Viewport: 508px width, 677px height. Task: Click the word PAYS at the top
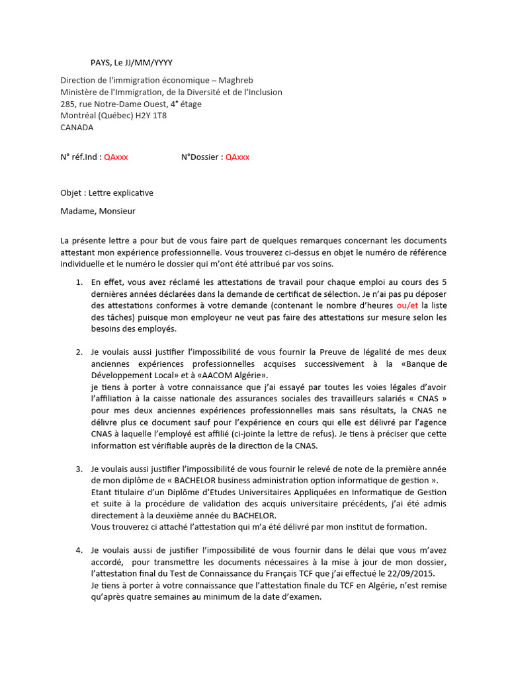coord(100,63)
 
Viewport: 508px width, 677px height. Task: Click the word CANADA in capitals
coord(77,128)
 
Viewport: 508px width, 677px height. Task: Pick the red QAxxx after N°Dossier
coord(237,157)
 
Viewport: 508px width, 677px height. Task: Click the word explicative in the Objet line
coord(131,193)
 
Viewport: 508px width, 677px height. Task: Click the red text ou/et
coord(407,305)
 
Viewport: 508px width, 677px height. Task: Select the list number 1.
coord(79,282)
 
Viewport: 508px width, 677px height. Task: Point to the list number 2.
coord(79,352)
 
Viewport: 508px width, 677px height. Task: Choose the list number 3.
coord(79,469)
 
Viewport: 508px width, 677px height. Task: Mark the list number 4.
coord(79,550)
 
